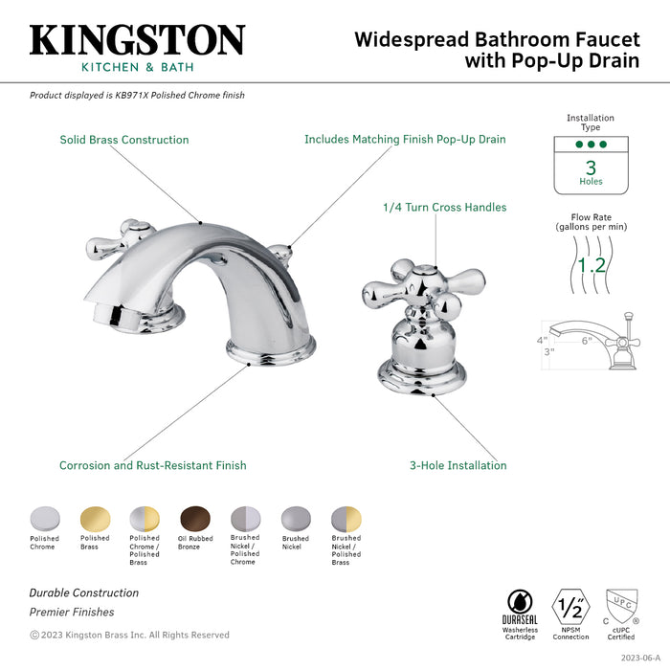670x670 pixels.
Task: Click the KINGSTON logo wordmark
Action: coord(137,40)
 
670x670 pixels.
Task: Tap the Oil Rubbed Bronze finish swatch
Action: coord(193,518)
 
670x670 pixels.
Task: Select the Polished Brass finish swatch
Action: coord(94,518)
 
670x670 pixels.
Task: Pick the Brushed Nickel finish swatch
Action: coord(295,519)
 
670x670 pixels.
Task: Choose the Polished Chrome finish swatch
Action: coord(44,518)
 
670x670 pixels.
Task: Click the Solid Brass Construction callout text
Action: coord(124,140)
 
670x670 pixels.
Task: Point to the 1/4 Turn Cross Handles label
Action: coord(444,207)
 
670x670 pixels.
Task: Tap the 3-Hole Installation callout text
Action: coord(458,466)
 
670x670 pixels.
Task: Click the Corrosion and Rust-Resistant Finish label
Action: coord(153,466)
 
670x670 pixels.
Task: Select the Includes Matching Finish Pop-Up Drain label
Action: coord(405,140)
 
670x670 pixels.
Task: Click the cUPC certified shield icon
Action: coord(621,605)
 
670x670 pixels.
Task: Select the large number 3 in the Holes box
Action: coord(591,167)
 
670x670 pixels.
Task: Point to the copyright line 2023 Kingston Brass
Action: coord(129,635)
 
